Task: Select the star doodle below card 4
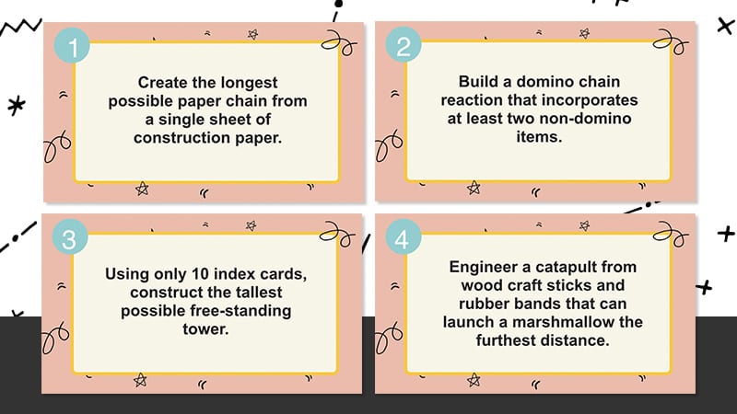click(474, 380)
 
